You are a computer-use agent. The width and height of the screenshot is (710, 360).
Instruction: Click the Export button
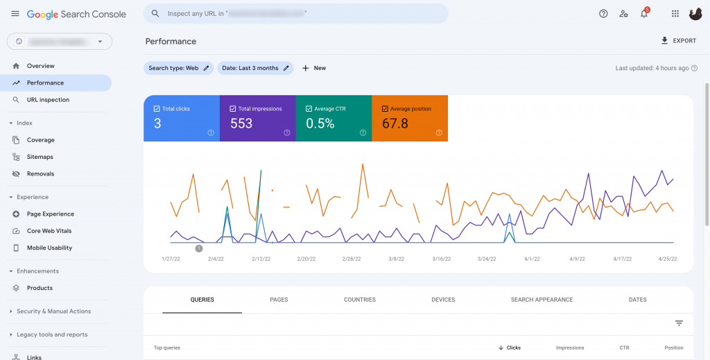[x=679, y=41]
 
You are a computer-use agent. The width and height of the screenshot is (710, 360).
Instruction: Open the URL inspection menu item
[x=48, y=100]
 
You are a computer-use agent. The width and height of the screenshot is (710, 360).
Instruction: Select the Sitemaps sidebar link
[x=40, y=157]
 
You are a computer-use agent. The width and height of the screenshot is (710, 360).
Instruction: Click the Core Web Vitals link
[x=49, y=231]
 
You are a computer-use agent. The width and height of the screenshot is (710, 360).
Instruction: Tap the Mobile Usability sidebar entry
[x=49, y=248]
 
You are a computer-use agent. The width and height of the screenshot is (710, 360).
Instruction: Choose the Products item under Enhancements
[x=40, y=288]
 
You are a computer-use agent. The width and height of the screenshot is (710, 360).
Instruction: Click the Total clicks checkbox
[x=157, y=109]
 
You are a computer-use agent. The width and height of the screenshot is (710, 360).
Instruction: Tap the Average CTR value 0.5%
[x=320, y=123]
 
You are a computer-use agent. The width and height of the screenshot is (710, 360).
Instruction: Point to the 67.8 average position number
[x=395, y=123]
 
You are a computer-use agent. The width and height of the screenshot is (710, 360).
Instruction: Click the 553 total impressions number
[x=241, y=123]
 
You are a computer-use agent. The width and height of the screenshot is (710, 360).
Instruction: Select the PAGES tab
[x=279, y=300]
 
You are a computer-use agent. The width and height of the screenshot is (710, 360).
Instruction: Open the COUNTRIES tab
[x=360, y=300]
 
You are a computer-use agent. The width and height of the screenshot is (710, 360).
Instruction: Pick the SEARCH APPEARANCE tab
[x=542, y=300]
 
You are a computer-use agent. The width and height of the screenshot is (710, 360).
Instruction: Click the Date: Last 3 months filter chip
[x=254, y=68]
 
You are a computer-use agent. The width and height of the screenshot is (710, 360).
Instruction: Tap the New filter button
[x=314, y=68]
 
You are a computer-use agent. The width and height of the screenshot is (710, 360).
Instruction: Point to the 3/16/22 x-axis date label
[x=441, y=259]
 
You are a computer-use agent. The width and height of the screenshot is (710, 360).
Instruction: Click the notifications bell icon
[x=643, y=14]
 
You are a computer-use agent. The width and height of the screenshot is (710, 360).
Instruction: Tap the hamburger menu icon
[x=15, y=14]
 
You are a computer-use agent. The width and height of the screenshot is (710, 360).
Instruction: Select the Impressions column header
[x=570, y=348]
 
